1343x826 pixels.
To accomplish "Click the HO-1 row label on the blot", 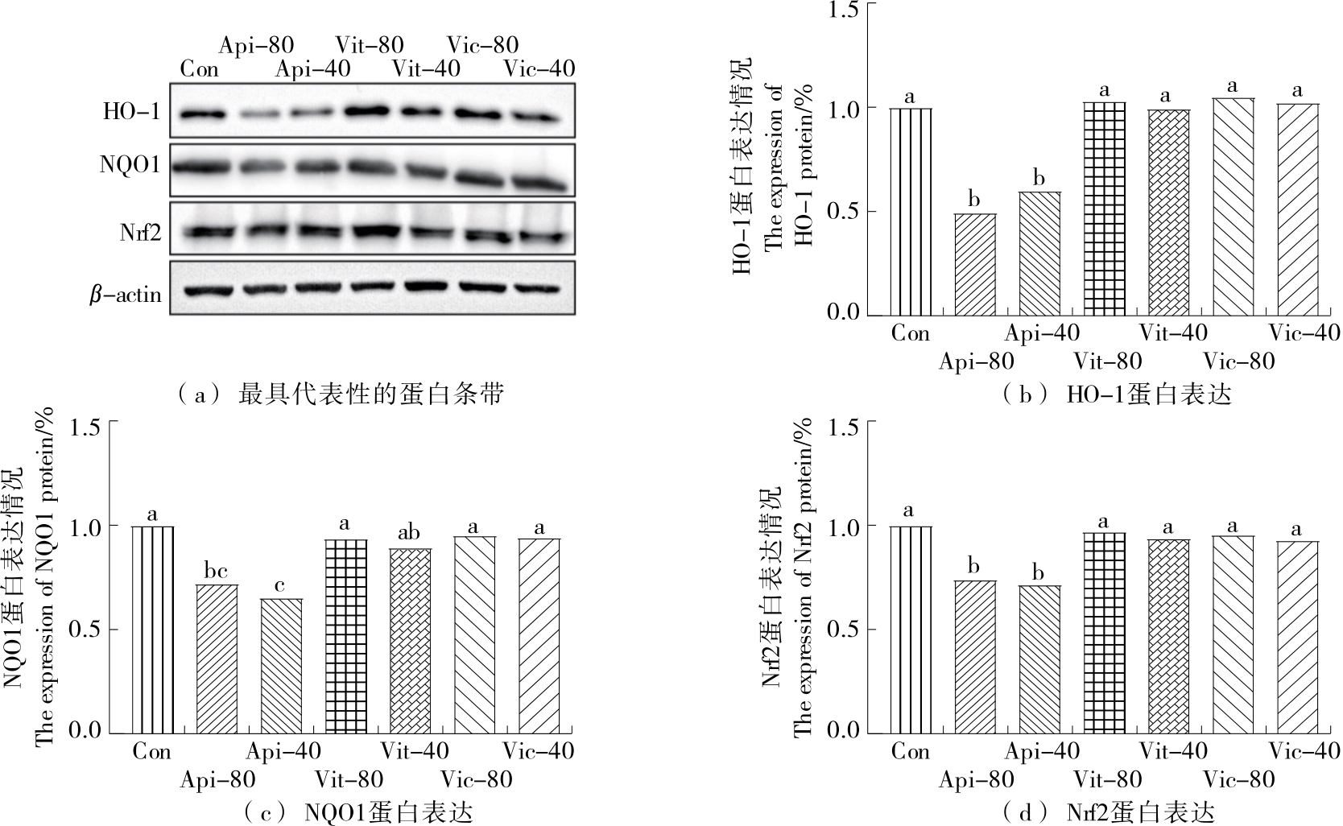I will coord(131,111).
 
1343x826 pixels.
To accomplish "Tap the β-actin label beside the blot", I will coord(125,295).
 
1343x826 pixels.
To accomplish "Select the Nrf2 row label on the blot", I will coord(140,233).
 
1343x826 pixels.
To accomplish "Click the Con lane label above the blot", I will coord(199,69).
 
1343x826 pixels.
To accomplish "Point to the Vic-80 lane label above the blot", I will coord(482,44).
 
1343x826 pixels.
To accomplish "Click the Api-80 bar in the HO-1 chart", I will coord(975,264).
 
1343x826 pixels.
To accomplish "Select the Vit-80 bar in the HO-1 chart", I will coord(1104,209).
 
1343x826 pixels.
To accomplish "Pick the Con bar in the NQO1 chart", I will coord(152,630).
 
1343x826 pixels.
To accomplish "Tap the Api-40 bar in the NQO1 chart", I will coord(281,666).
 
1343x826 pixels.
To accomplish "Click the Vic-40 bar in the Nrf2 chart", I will coord(1297,637).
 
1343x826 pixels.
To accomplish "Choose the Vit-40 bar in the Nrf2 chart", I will coord(1168,636).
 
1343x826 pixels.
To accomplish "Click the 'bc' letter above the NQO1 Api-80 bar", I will coord(217,572).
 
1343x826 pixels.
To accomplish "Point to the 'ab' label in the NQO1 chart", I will coord(410,535).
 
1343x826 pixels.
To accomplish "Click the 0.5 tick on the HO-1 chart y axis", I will coord(844,212).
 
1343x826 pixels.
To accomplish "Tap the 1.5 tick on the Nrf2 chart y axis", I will coord(844,423).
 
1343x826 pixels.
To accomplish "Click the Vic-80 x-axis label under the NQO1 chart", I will coord(476,779).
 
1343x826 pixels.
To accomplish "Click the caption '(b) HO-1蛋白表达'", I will coord(1117,394).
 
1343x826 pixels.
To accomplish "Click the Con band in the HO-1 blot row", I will coord(199,114).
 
